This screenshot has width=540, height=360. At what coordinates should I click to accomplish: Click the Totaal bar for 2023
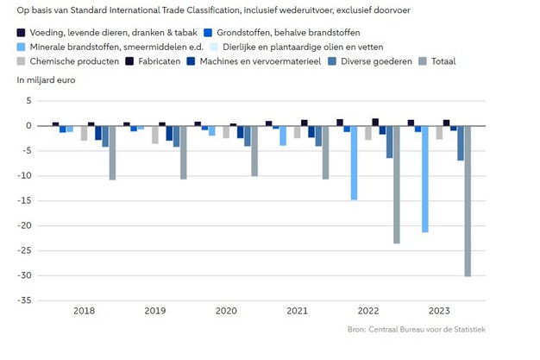pos(468,200)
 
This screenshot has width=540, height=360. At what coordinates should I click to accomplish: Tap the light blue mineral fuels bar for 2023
pos(425,179)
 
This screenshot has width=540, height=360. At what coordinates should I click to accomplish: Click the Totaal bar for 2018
pos(112,153)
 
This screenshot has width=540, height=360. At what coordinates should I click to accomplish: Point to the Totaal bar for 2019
pos(184,153)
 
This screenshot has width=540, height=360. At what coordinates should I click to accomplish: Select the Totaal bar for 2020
pos(254,151)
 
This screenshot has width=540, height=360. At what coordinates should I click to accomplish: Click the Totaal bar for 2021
pos(325,153)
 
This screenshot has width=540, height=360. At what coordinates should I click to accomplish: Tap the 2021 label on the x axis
pos(298,311)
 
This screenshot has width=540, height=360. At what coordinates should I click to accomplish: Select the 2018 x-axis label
pos(85,311)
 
